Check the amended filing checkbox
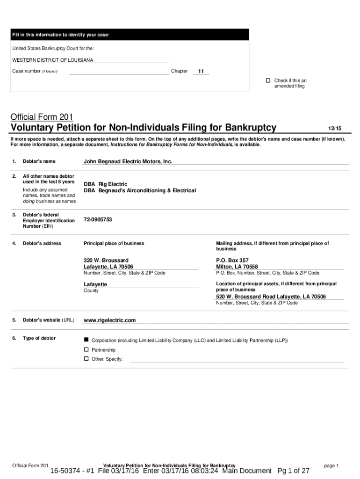click(268, 80)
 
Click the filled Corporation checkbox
click(86, 340)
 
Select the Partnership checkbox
click(86, 349)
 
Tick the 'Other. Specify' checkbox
click(86, 359)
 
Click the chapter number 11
click(201, 72)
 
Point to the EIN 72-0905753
click(98, 219)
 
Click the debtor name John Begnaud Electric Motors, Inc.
click(128, 161)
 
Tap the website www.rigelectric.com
click(110, 320)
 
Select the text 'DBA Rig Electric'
click(105, 184)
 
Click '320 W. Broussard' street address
click(106, 260)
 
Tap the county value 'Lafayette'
click(95, 284)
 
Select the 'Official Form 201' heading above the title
click(42, 117)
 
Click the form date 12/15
click(335, 128)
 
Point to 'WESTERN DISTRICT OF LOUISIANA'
click(53, 60)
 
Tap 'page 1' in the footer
click(331, 465)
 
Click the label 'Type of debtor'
click(39, 338)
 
